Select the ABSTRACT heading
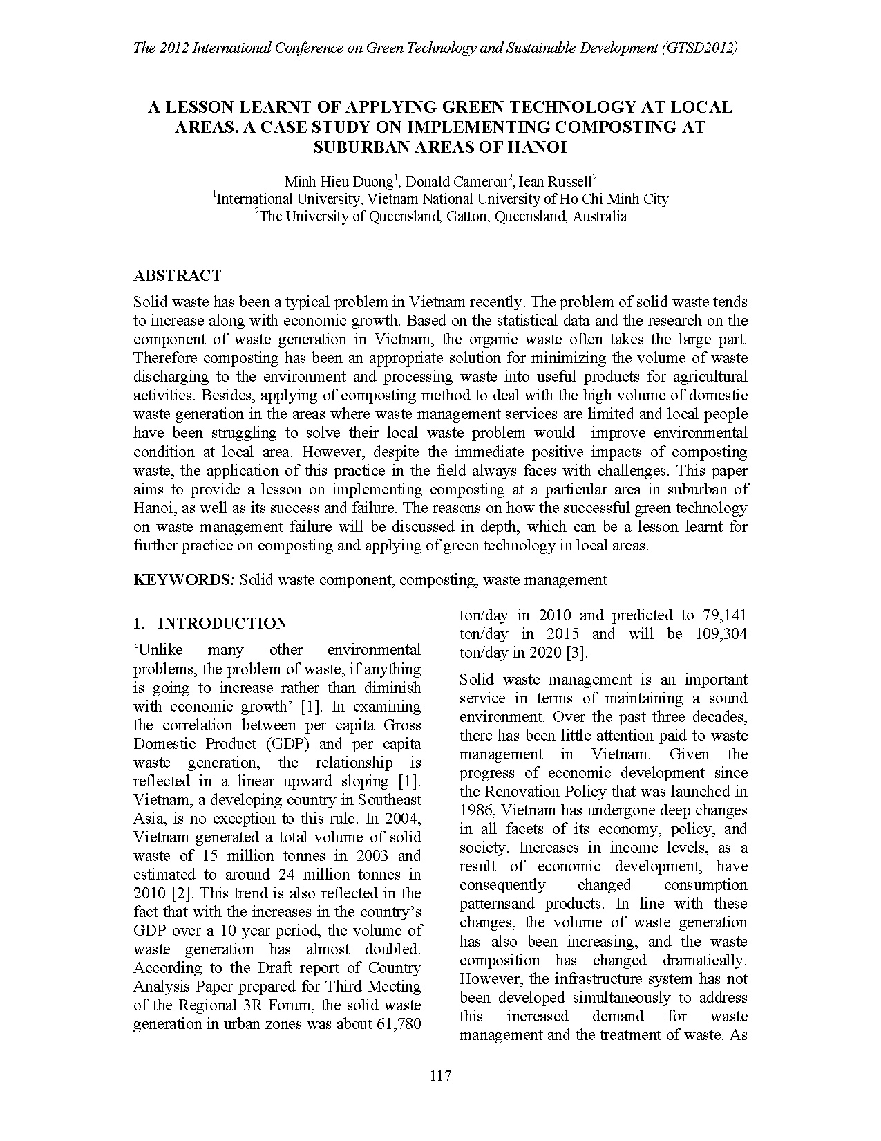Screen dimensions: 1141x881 pyautogui.click(x=177, y=275)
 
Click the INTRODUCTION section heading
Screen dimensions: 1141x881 pyautogui.click(x=222, y=623)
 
